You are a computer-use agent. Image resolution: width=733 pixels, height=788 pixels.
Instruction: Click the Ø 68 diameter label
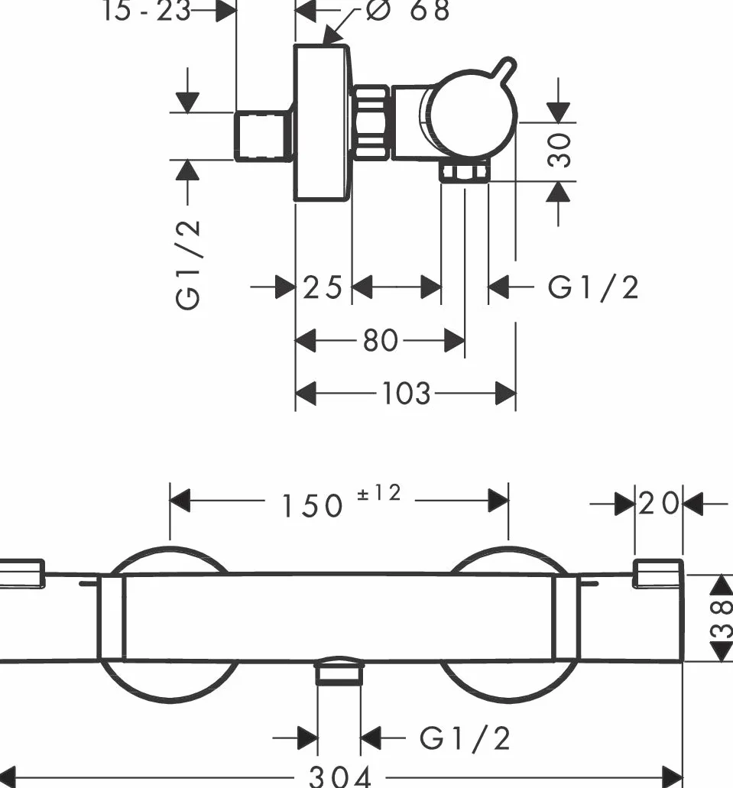[x=407, y=10]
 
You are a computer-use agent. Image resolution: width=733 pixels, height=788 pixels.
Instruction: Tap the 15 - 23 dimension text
[x=146, y=11]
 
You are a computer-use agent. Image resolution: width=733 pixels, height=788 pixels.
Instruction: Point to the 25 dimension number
[x=323, y=287]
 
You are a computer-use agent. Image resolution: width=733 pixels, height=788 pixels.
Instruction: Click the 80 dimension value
[x=381, y=341]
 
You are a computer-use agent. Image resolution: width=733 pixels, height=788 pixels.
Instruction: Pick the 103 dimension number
[x=406, y=393]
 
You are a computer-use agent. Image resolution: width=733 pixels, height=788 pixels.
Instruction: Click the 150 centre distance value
[x=313, y=505]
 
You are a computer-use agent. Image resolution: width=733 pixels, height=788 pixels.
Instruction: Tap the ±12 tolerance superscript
[x=379, y=493]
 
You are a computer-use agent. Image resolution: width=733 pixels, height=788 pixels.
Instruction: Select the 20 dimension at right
[x=659, y=503]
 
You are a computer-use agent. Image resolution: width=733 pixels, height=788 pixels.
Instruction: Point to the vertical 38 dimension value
[x=721, y=618]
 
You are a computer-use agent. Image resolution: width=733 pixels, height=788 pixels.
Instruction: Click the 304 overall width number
[x=340, y=777]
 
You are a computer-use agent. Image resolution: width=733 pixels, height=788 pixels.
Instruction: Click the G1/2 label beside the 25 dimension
[x=593, y=287]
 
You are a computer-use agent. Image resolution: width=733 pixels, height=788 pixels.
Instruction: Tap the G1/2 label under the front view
[x=465, y=739]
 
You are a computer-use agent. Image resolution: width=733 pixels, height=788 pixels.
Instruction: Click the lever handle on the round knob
[x=504, y=70]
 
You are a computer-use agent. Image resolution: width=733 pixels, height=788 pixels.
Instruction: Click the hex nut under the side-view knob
[x=465, y=173]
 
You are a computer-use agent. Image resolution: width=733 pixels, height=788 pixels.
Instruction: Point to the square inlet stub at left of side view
[x=264, y=136]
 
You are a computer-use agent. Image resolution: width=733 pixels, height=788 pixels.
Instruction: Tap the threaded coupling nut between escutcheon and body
[x=371, y=123]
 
